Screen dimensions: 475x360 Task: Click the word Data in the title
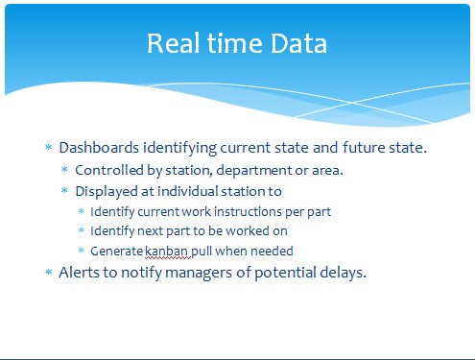point(298,43)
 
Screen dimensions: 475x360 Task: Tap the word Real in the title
point(174,43)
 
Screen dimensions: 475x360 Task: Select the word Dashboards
point(99,148)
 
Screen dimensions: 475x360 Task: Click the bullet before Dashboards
point(49,147)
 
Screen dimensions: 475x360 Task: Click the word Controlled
point(109,170)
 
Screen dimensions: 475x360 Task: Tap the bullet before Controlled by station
point(64,169)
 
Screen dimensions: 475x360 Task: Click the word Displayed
point(107,192)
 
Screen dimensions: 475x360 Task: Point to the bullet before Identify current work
point(82,211)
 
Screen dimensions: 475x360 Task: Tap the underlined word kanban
point(166,252)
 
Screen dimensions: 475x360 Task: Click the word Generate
point(116,252)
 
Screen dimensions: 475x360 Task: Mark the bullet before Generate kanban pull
point(82,251)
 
